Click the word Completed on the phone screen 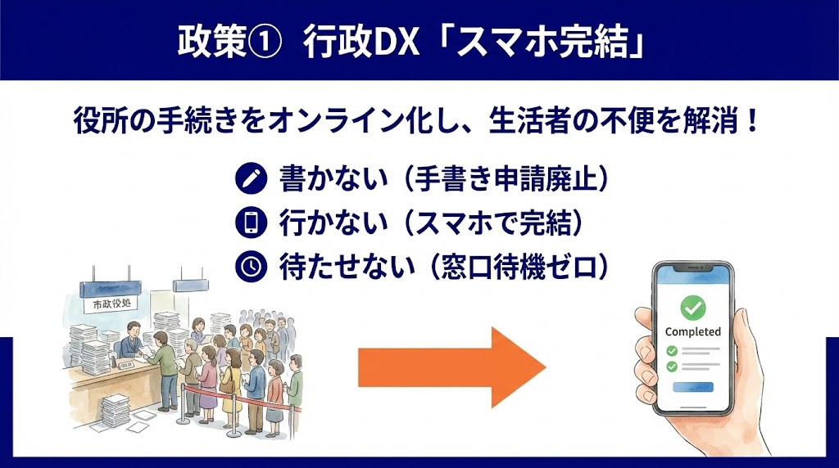pos(692,331)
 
